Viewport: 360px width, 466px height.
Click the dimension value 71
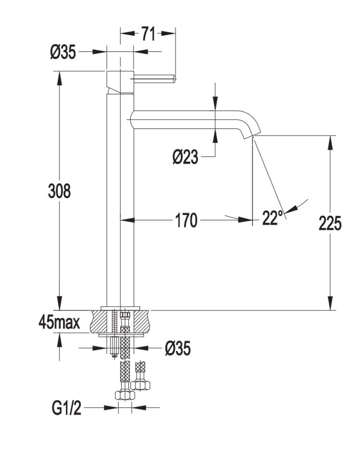click(x=148, y=34)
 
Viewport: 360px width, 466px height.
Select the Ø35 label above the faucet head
click(x=63, y=51)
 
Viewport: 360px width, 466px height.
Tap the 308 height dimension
click(x=60, y=191)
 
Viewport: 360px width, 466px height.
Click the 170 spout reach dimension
click(x=186, y=221)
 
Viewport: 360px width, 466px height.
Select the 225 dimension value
click(x=330, y=223)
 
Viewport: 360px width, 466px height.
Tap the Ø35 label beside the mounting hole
click(x=177, y=348)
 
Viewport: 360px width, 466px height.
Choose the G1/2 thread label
click(x=66, y=409)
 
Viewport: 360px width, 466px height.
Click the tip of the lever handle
click(x=174, y=77)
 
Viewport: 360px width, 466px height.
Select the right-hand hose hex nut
click(x=141, y=385)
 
